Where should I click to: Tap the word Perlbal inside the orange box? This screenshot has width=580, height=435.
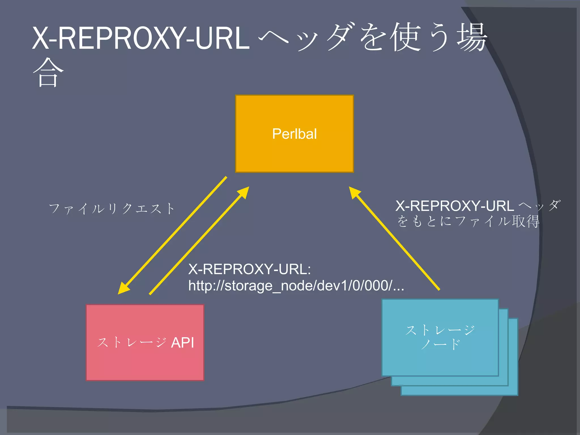[x=295, y=134]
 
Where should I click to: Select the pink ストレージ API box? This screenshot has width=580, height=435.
[x=145, y=365]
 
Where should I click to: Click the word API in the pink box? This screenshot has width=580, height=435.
[x=183, y=343]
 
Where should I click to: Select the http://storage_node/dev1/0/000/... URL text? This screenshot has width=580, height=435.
[x=296, y=286]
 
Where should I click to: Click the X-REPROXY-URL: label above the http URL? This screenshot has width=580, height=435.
[x=250, y=269]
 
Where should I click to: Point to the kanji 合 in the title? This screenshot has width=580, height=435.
[x=48, y=72]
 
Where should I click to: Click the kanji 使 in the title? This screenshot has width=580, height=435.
[x=405, y=37]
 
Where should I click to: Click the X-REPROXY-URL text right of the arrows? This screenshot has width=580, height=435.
[x=455, y=206]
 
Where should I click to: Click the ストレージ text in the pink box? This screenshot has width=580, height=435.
[x=132, y=343]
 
